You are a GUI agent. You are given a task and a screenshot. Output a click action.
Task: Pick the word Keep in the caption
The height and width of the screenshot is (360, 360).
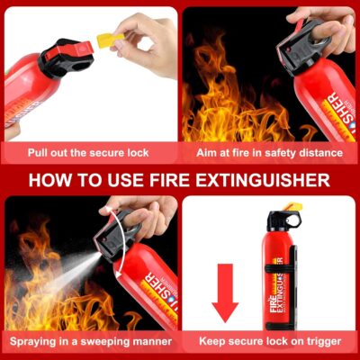pos(208,342)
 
